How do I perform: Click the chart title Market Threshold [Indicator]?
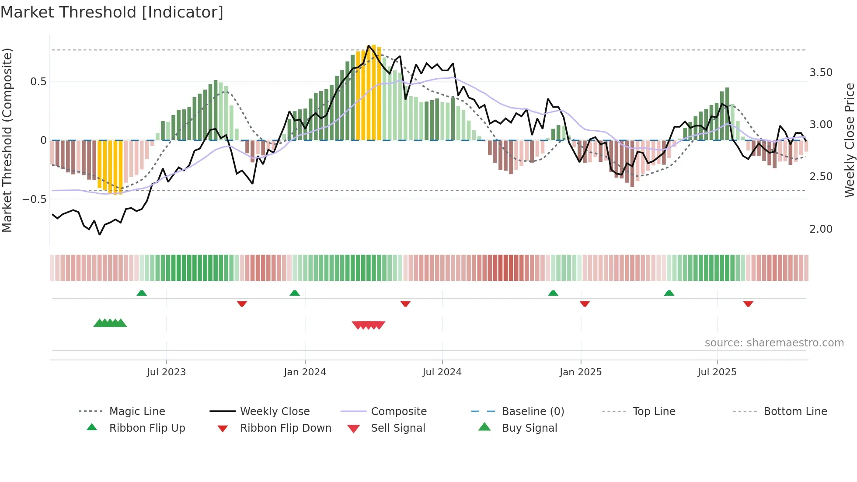[x=112, y=12]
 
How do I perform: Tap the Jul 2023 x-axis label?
[x=166, y=372]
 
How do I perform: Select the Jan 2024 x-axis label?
[x=305, y=372]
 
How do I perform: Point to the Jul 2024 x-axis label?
[x=442, y=372]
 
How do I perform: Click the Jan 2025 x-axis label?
[x=581, y=372]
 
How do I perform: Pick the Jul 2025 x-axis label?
[x=717, y=372]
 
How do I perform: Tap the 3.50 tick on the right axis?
[x=821, y=73]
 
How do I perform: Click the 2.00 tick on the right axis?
[x=821, y=229]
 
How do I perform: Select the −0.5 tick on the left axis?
[x=34, y=199]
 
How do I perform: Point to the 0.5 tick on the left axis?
[x=38, y=82]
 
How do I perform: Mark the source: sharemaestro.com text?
[x=774, y=343]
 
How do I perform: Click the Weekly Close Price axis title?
[x=849, y=140]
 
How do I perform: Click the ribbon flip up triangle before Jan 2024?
[x=295, y=293]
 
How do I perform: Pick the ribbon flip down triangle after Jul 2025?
[x=748, y=304]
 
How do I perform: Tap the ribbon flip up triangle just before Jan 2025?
[x=553, y=293]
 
